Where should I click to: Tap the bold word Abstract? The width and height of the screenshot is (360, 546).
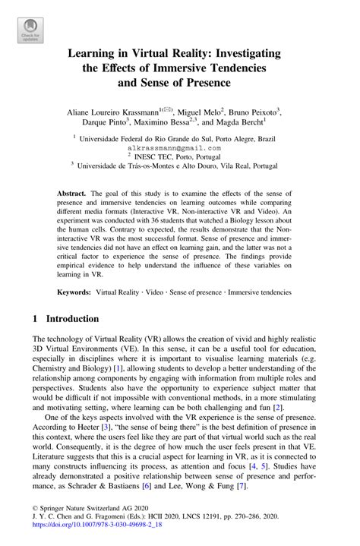pyautogui.click(x=74, y=195)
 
